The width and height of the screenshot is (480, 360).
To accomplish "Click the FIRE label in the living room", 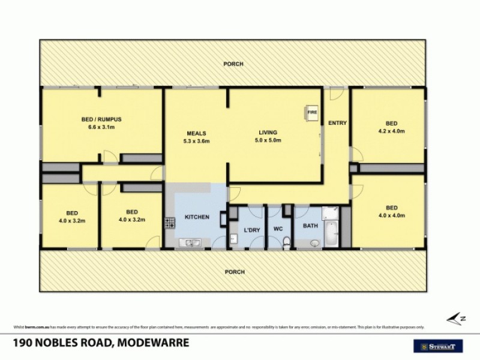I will [312, 112].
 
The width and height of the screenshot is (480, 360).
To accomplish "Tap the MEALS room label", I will [197, 133].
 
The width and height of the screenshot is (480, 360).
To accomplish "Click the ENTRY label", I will [337, 124].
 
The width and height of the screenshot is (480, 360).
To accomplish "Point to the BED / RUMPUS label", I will [101, 120].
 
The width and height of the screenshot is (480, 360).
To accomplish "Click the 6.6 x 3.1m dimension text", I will [101, 127].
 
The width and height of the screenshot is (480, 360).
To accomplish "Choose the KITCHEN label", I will [196, 217].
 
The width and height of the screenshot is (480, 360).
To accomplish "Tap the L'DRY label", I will [250, 229].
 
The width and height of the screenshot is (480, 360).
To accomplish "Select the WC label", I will [277, 229].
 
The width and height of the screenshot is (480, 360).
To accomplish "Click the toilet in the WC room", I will [287, 242].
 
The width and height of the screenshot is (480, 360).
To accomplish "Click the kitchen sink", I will [193, 243].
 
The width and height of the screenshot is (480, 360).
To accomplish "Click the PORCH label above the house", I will [234, 64].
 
